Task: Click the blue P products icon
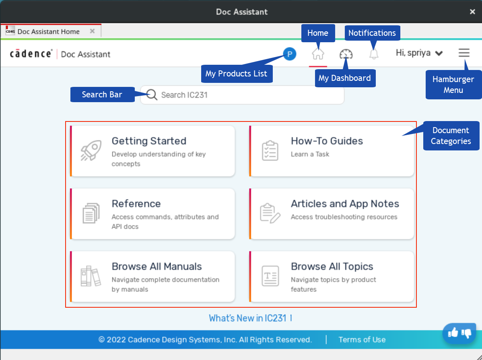click(289, 54)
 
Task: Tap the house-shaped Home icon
click(318, 54)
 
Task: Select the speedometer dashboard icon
click(346, 54)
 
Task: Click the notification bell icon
click(373, 54)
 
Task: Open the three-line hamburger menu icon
click(464, 53)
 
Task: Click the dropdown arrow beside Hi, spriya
click(439, 53)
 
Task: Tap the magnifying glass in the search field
click(152, 95)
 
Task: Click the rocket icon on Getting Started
click(91, 150)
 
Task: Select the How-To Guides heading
click(327, 141)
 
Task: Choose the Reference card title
click(136, 204)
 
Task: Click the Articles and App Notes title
click(345, 204)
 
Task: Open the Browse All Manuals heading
click(157, 266)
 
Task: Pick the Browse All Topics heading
click(332, 266)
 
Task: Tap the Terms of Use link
click(362, 340)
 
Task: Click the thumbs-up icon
click(453, 332)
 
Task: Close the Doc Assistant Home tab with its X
click(92, 31)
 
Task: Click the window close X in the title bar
click(472, 12)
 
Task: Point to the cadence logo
click(31, 53)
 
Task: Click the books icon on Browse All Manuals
click(91, 276)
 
